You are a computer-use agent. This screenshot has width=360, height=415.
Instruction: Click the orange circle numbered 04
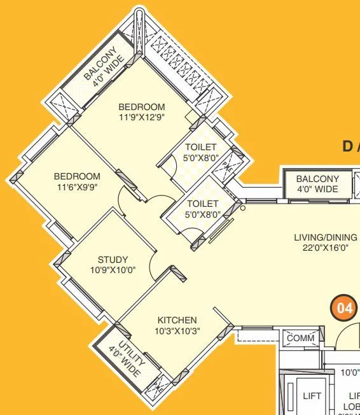[344, 309]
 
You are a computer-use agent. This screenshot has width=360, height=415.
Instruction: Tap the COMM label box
[301, 338]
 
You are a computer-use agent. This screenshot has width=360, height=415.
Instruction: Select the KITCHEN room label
[177, 320]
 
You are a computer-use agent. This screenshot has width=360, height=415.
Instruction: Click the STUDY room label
[113, 260]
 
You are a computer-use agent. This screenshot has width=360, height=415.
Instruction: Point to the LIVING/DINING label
[325, 237]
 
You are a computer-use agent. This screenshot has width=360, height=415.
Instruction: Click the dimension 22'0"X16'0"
[325, 248]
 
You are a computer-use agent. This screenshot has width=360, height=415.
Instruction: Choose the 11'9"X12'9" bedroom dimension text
[141, 117]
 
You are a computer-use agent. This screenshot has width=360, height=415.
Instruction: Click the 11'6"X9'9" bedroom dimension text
[76, 186]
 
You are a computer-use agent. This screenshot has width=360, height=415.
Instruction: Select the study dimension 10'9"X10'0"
[113, 270]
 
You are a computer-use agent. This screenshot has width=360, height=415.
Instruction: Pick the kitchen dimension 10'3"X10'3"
[177, 330]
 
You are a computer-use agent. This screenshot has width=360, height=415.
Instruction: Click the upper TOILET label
[201, 148]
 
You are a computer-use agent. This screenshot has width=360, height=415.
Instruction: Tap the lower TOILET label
[203, 204]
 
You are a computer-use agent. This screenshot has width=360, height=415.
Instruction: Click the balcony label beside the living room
[317, 184]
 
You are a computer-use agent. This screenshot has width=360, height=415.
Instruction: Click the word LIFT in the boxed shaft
[312, 395]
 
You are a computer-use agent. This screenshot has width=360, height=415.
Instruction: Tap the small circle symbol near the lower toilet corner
[242, 207]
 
